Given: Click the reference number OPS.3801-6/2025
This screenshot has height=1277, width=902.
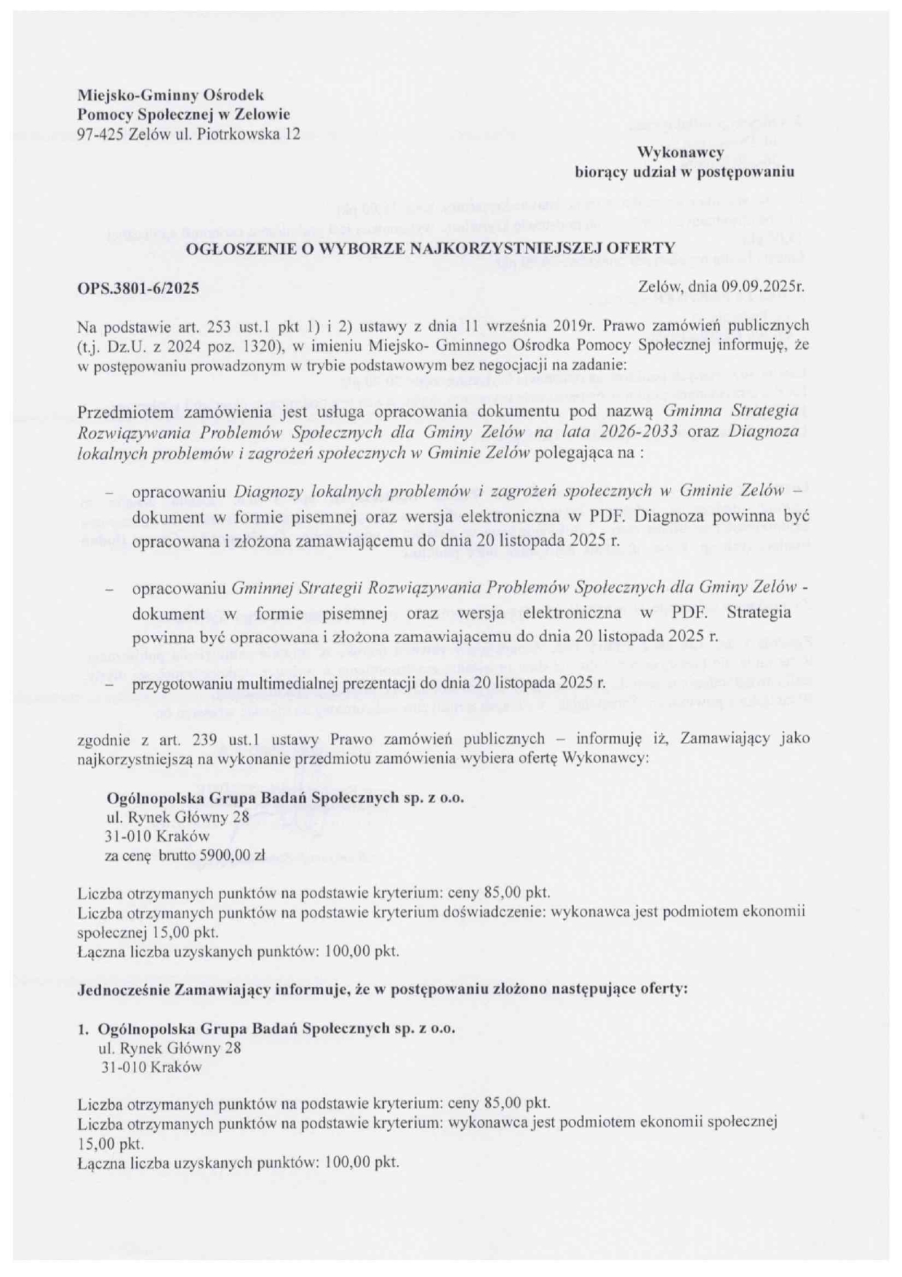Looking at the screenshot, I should pyautogui.click(x=138, y=288).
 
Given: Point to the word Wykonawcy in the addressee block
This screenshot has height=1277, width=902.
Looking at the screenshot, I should pyautogui.click(x=680, y=153).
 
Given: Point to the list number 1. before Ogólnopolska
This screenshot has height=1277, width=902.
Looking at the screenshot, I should pyautogui.click(x=83, y=1029).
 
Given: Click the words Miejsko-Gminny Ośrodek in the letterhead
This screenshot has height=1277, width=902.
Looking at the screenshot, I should pyautogui.click(x=170, y=95).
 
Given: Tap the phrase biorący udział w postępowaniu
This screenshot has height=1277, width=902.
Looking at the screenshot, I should pyautogui.click(x=685, y=173).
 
